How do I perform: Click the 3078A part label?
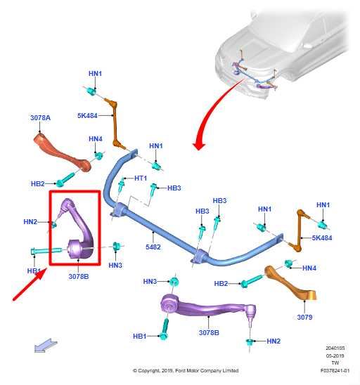pyautogui.click(x=40, y=118)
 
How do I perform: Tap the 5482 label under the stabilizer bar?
pyautogui.click(x=153, y=247)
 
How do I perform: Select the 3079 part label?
pyautogui.click(x=304, y=318)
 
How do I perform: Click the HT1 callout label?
pyautogui.click(x=141, y=178)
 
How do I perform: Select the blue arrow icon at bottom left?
pyautogui.click(x=46, y=346)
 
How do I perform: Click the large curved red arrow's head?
pyautogui.click(x=199, y=145)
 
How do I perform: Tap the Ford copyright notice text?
pyautogui.click(x=186, y=370)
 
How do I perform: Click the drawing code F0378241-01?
pyautogui.click(x=335, y=370)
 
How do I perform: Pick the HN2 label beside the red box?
pyautogui.click(x=30, y=222)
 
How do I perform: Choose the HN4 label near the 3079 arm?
pyautogui.click(x=309, y=268)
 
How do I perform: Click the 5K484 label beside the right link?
pyautogui.click(x=322, y=238)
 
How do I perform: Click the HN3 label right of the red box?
pyautogui.click(x=115, y=266)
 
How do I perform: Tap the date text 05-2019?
pyautogui.click(x=335, y=355)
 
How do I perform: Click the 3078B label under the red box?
pyautogui.click(x=79, y=277)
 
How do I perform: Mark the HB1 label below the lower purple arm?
pyautogui.click(x=140, y=336)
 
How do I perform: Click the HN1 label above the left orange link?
pyautogui.click(x=95, y=73)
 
